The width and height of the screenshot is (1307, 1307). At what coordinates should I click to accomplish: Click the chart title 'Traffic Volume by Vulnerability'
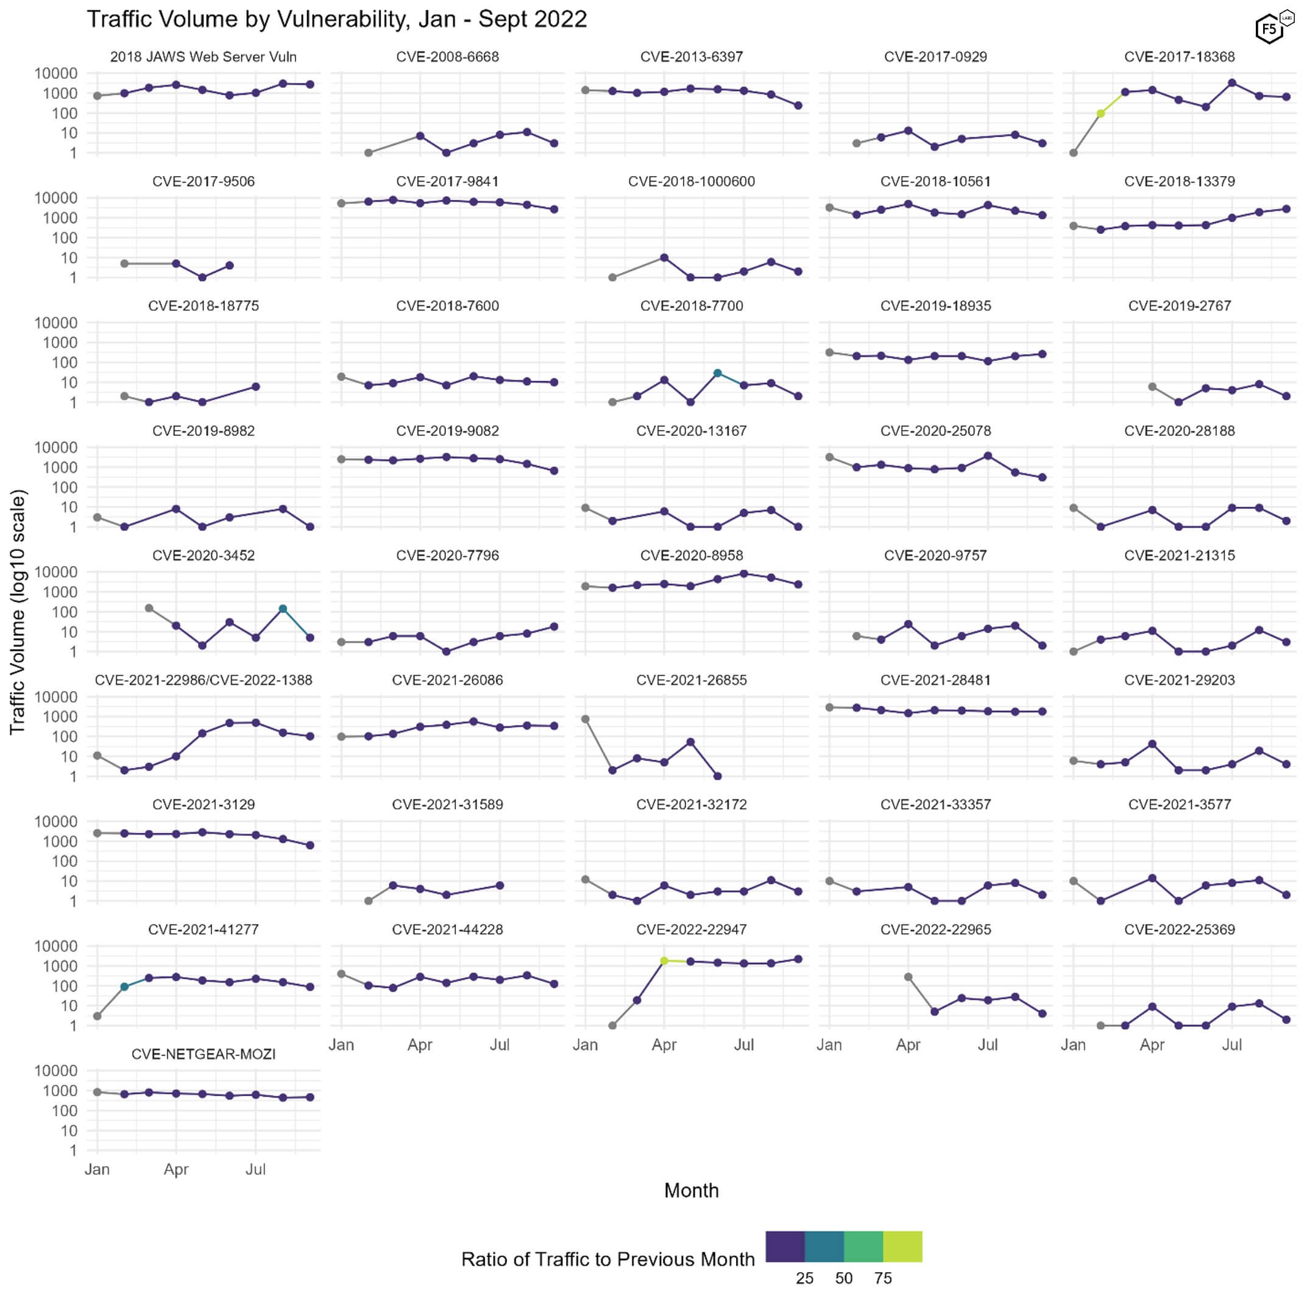[336, 19]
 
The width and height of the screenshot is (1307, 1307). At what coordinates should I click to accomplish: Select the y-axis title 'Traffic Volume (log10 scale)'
[18, 612]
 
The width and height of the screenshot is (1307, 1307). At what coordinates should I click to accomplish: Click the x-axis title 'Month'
[691, 1190]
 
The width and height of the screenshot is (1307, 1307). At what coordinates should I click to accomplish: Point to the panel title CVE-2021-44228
[447, 929]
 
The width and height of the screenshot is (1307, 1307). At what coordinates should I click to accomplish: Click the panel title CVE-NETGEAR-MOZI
[203, 1054]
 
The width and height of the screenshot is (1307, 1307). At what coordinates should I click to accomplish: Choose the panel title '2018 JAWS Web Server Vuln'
[203, 57]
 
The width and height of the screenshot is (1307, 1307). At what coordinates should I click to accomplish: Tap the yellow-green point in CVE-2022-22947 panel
[664, 961]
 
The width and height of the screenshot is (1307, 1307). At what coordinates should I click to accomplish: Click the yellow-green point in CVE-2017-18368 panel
[1100, 114]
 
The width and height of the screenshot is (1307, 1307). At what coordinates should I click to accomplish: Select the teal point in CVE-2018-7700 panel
[718, 374]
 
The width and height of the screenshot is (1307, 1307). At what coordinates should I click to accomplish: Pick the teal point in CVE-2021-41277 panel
[124, 987]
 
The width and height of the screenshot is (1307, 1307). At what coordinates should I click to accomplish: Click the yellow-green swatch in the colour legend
[902, 1247]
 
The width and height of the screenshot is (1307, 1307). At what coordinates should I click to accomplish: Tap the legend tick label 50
[843, 1278]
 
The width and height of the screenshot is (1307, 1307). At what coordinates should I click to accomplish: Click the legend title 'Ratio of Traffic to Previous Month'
[607, 1259]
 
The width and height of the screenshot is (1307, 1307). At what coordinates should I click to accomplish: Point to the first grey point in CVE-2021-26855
[585, 719]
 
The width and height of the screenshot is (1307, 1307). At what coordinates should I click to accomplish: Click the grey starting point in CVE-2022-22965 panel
[909, 977]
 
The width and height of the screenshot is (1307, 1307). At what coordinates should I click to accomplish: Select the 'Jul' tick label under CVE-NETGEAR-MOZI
[256, 1170]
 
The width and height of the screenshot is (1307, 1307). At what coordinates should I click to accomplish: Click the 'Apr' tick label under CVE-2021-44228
[419, 1044]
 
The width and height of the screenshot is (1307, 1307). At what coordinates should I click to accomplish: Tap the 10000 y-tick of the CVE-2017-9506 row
[56, 198]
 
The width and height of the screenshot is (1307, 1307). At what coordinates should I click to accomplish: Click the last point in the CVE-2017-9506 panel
[229, 266]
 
